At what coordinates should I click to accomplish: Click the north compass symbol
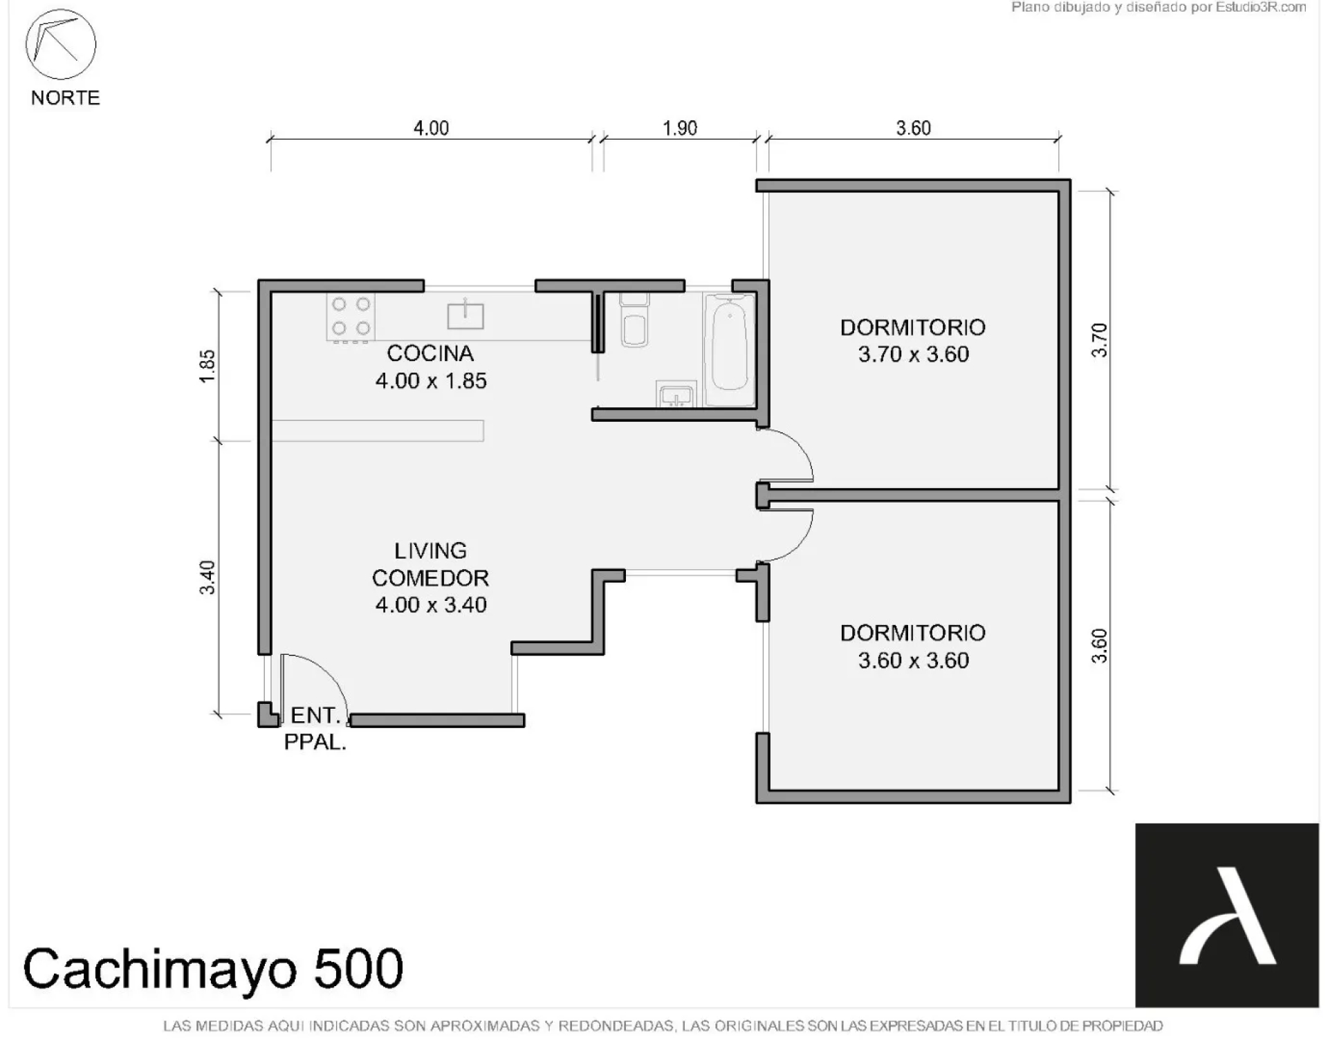[x=61, y=44]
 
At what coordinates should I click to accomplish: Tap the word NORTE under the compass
[x=66, y=98]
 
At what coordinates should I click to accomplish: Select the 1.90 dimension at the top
[x=680, y=128]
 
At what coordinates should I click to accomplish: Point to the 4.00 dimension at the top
[x=431, y=128]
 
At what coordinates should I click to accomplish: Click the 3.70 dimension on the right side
[x=1099, y=340]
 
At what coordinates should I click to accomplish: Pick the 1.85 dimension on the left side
[x=207, y=366]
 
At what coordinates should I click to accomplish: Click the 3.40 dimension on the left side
[x=207, y=577]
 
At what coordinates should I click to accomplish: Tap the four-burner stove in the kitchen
[x=351, y=317]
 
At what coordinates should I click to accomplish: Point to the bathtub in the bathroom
[x=730, y=350]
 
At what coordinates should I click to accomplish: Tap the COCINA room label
[x=430, y=353]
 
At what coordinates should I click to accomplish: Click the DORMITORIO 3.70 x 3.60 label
[x=913, y=341]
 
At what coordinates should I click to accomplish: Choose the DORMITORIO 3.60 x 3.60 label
[x=913, y=647]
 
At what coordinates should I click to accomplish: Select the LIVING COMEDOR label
[x=430, y=564]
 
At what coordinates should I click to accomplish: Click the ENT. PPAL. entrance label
[x=315, y=729]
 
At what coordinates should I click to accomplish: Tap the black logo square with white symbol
[x=1227, y=915]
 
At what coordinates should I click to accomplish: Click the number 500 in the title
[x=358, y=968]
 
